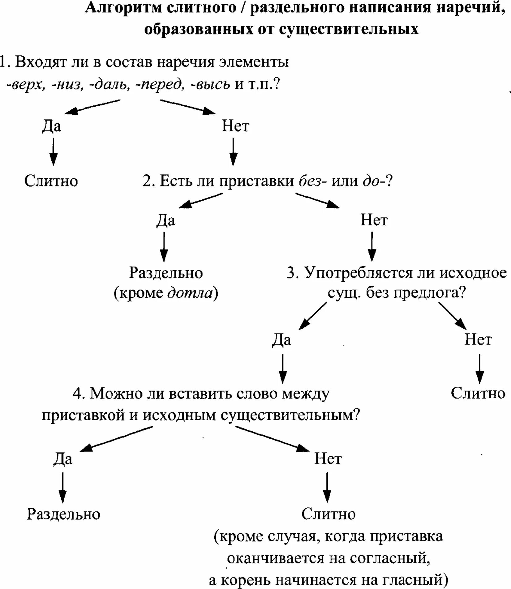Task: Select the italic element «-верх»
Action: click(x=27, y=84)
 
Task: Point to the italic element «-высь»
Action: click(x=211, y=84)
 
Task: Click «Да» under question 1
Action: click(x=51, y=126)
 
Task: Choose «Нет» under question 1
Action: click(x=235, y=126)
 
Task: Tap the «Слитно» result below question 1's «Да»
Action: click(x=51, y=181)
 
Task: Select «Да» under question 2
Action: click(x=165, y=220)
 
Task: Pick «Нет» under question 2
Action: click(x=374, y=220)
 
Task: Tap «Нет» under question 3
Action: click(x=478, y=339)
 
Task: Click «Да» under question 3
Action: click(x=281, y=339)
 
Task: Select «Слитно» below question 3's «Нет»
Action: click(x=478, y=393)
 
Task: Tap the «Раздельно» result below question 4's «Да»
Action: click(x=63, y=514)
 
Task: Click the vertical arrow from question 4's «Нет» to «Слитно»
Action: click(x=327, y=487)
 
